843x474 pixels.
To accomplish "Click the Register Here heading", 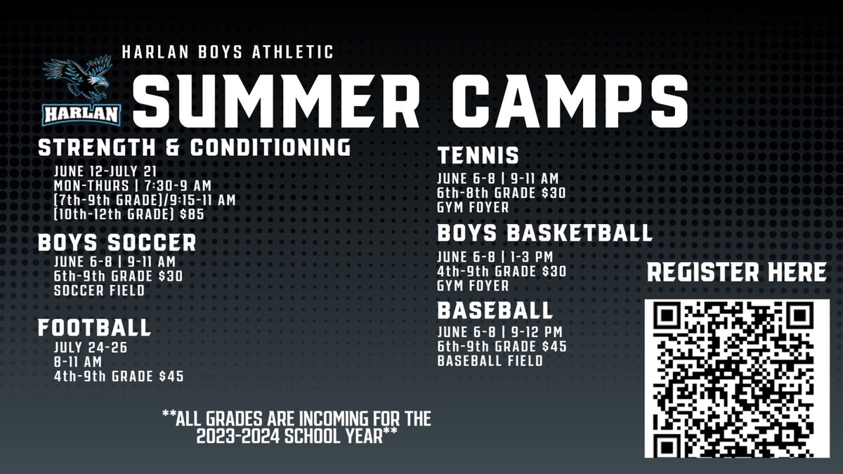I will pyautogui.click(x=736, y=272).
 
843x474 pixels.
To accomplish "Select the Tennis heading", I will pyautogui.click(x=478, y=154).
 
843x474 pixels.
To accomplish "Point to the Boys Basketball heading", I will pyautogui.click(x=544, y=232).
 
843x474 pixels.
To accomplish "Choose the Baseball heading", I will pyautogui.click(x=495, y=310).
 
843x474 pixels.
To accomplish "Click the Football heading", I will pyautogui.click(x=94, y=327).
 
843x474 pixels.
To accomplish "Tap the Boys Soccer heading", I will pyautogui.click(x=117, y=243).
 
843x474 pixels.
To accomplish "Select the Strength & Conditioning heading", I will pyautogui.click(x=194, y=147).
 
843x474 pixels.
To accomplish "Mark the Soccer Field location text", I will pyautogui.click(x=98, y=291).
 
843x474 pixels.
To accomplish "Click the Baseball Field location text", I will pyautogui.click(x=490, y=361).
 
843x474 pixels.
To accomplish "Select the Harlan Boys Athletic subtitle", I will pyautogui.click(x=227, y=51).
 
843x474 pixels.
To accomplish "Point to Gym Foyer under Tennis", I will pyautogui.click(x=472, y=208).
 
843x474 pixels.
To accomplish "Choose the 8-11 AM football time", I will pyautogui.click(x=78, y=362).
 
